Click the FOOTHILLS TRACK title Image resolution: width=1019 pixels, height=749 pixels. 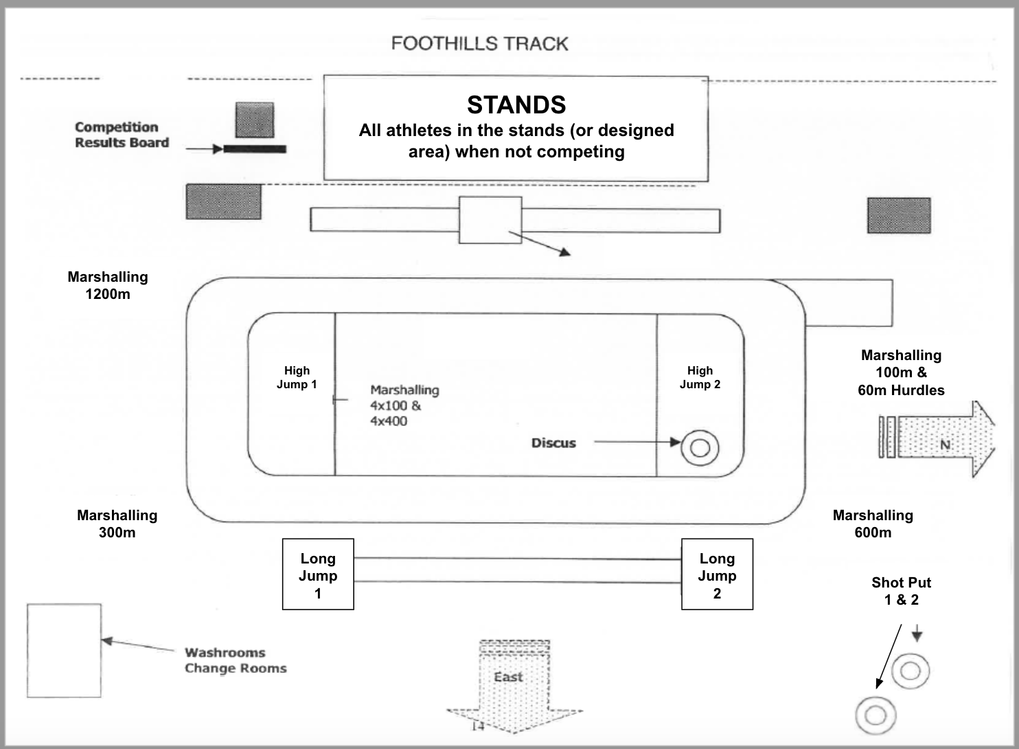click(x=479, y=44)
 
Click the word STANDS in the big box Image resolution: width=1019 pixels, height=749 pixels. click(x=516, y=105)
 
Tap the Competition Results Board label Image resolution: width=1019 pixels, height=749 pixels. click(x=122, y=135)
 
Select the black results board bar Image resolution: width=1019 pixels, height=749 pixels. click(x=254, y=148)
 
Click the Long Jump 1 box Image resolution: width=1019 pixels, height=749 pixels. click(x=318, y=574)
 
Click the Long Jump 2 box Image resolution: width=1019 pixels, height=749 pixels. click(x=717, y=574)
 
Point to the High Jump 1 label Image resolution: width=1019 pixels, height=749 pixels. click(x=297, y=377)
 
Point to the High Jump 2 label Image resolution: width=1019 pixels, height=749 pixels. click(x=700, y=377)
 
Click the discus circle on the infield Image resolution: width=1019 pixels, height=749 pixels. click(x=700, y=448)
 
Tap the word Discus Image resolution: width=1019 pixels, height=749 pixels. click(x=553, y=443)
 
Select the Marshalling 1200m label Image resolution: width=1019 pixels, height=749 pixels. click(x=108, y=285)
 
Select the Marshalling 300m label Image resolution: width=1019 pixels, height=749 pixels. click(x=117, y=524)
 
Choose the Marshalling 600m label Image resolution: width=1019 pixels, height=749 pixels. click(x=873, y=524)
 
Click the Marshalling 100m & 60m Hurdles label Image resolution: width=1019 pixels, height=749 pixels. click(x=901, y=372)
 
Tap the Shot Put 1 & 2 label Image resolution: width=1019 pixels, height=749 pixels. click(x=901, y=591)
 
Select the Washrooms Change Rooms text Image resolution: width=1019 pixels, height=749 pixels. click(x=235, y=660)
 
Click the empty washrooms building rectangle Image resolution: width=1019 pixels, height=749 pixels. click(x=65, y=650)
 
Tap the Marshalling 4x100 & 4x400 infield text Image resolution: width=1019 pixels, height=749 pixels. click(x=404, y=405)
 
